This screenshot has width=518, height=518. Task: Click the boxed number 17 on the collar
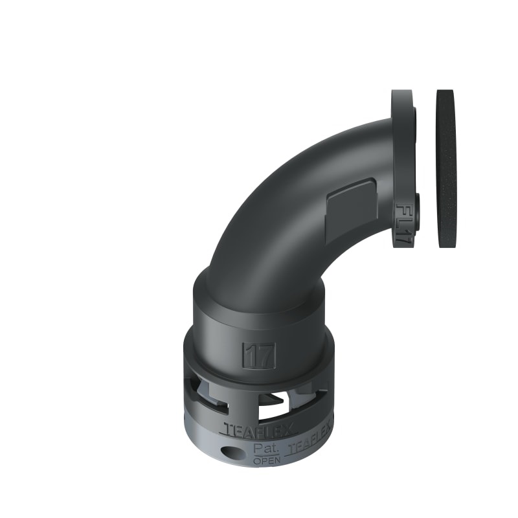[x=260, y=355]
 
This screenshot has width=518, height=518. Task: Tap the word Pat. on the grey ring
[x=266, y=449]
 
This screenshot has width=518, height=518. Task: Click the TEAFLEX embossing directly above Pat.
[x=260, y=429]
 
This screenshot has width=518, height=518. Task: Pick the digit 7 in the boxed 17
[x=266, y=355]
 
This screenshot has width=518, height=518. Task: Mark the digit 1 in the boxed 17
[x=252, y=355]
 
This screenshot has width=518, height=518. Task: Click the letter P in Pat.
[x=258, y=449]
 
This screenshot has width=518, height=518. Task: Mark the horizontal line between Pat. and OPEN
[x=267, y=455]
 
